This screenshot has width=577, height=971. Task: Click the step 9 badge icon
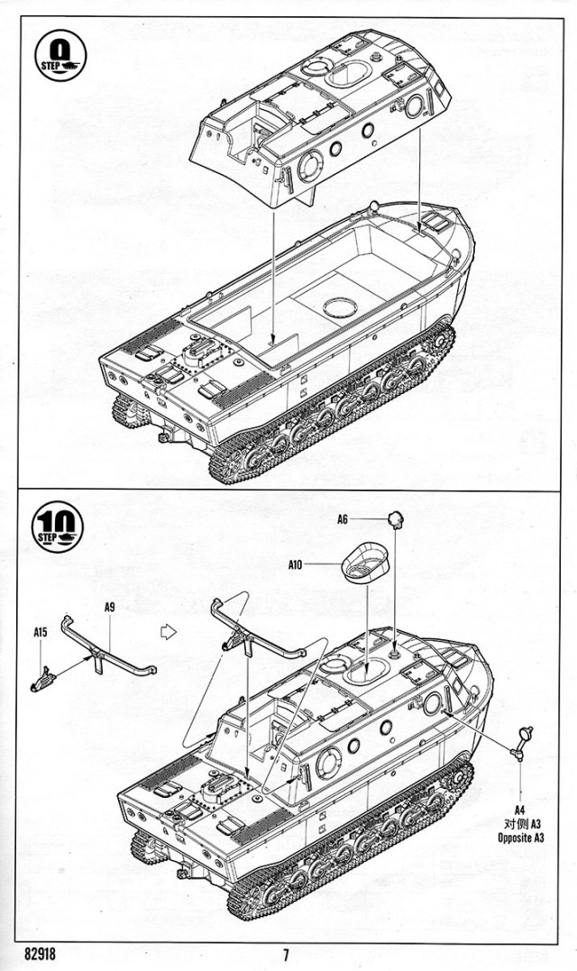[60, 56]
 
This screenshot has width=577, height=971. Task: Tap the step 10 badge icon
[60, 525]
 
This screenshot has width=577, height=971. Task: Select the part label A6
[343, 519]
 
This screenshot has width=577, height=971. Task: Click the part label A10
[295, 565]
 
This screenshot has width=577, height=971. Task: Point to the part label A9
[109, 608]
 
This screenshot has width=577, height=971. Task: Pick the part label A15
[41, 634]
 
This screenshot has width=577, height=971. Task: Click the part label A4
[521, 810]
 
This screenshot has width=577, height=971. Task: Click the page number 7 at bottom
[286, 956]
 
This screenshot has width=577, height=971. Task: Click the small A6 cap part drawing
[396, 518]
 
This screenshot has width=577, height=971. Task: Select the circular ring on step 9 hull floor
[339, 307]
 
